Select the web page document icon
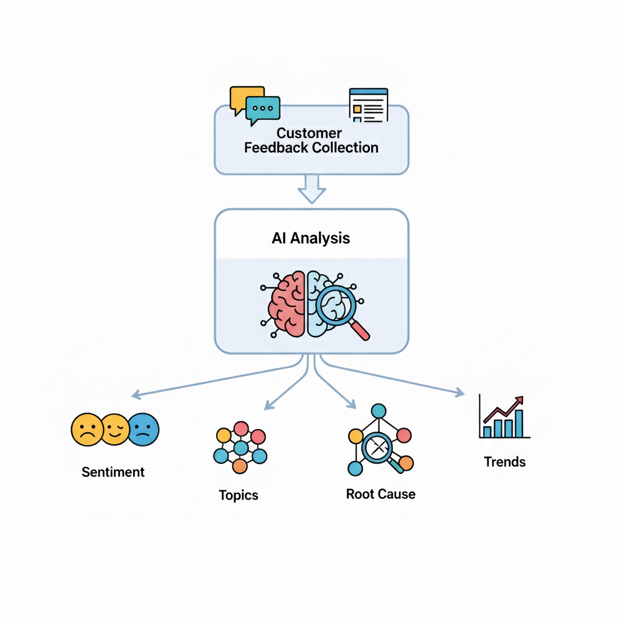pyautogui.click(x=368, y=105)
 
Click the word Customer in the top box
pyautogui.click(x=309, y=133)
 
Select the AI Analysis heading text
pyautogui.click(x=311, y=238)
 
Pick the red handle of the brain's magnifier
pyautogui.click(x=361, y=330)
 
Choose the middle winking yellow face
pyautogui.click(x=116, y=430)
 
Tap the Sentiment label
pyautogui.click(x=113, y=472)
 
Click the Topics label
pyautogui.click(x=238, y=495)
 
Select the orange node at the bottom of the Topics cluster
pyautogui.click(x=240, y=467)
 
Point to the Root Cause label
pyautogui.click(x=381, y=494)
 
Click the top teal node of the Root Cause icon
pyautogui.click(x=379, y=411)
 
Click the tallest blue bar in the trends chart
pyautogui.click(x=518, y=423)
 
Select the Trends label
pyautogui.click(x=505, y=462)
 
